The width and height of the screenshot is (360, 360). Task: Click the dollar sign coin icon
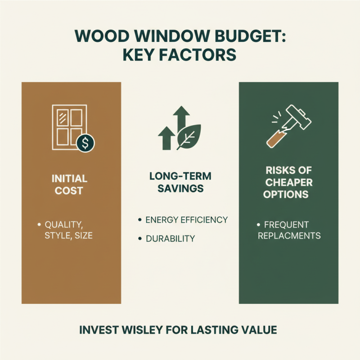[85, 143]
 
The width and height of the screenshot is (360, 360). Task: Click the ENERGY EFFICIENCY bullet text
[186, 220]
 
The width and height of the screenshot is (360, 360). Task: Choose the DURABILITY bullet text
[170, 238]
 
